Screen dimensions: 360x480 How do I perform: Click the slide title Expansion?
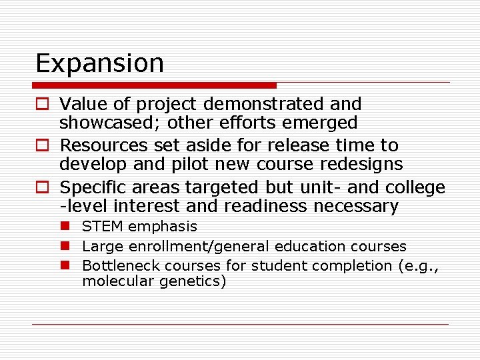pos(99,63)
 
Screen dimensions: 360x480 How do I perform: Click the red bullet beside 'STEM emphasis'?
pos(67,227)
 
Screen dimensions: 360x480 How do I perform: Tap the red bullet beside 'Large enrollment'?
pos(67,247)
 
